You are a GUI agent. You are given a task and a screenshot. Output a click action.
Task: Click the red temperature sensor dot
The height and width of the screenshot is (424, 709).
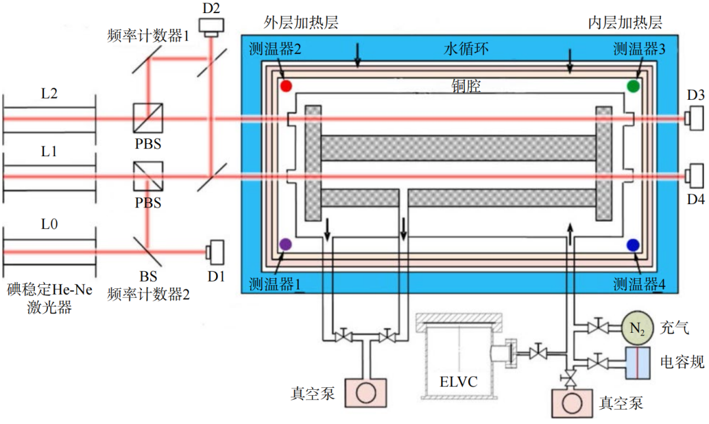click(x=285, y=85)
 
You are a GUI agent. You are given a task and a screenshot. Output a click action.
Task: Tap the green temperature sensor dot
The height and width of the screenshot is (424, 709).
click(x=634, y=85)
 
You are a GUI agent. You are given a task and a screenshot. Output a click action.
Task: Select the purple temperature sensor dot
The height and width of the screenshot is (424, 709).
click(x=285, y=244)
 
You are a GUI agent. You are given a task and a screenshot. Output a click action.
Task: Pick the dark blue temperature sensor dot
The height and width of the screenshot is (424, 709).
click(x=634, y=244)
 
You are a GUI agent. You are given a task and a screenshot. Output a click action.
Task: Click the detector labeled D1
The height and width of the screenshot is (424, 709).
click(x=215, y=251)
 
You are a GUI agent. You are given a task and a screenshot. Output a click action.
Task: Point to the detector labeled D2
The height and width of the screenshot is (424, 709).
click(x=212, y=26)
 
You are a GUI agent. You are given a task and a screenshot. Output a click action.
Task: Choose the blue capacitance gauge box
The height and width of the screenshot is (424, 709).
click(x=638, y=362)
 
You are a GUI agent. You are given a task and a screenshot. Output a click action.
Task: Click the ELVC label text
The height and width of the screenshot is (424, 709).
click(x=460, y=380)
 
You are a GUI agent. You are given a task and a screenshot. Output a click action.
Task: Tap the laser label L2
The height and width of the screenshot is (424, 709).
click(x=49, y=94)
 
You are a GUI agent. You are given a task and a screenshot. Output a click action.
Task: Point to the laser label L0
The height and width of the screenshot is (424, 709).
click(x=49, y=224)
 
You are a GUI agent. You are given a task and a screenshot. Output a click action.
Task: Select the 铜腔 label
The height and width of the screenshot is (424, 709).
click(x=466, y=86)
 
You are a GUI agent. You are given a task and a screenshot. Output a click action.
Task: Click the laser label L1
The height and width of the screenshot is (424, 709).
click(x=49, y=152)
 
